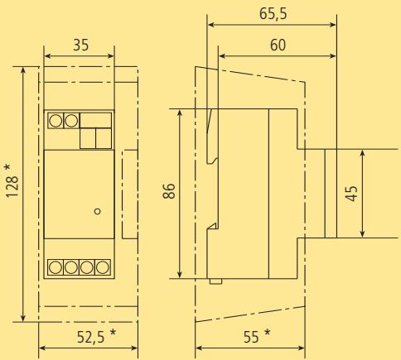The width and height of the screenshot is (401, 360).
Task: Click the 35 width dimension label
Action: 80,46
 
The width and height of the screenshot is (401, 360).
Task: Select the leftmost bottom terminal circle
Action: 55,266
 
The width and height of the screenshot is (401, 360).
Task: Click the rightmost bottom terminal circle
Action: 102,266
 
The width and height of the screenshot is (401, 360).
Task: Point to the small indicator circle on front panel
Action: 98,211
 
